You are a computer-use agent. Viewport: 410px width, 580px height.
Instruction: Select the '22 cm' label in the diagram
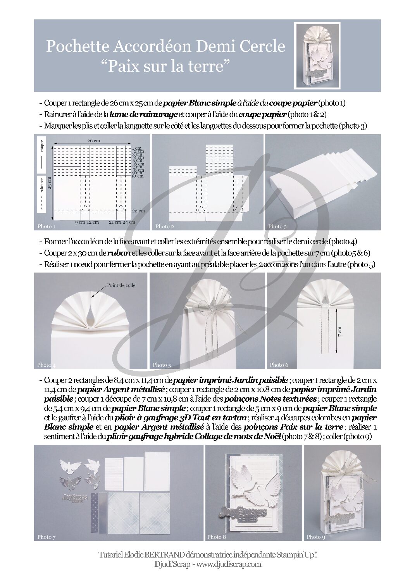coord(138,211)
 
